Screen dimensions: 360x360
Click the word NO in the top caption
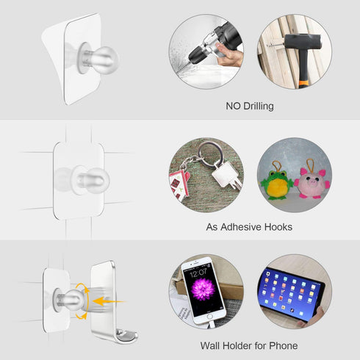[234, 106]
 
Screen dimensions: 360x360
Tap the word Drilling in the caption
[259, 107]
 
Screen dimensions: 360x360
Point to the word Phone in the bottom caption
[284, 346]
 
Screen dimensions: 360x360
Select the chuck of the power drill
[197, 55]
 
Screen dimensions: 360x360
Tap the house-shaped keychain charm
[179, 184]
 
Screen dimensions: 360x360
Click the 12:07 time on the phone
[198, 272]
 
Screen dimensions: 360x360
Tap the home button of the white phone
[210, 317]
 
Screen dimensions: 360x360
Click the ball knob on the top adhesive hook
[105, 60]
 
